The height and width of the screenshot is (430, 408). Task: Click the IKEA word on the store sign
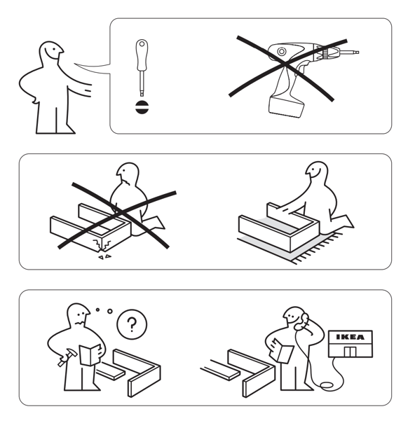click(x=350, y=337)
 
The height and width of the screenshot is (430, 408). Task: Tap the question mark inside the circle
click(x=132, y=325)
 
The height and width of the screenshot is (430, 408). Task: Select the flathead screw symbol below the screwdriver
click(x=142, y=107)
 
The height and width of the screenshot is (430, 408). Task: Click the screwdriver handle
click(x=142, y=55)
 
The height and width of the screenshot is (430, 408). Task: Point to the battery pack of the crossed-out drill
click(x=286, y=106)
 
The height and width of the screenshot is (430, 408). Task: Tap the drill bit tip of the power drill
click(x=357, y=52)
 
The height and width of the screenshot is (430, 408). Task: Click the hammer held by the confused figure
click(x=66, y=356)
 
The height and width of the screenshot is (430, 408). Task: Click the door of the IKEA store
click(x=350, y=352)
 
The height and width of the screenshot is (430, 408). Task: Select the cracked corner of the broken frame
click(x=102, y=244)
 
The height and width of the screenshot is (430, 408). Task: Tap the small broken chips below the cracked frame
click(x=105, y=257)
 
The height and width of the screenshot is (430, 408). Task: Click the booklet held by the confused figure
click(x=90, y=355)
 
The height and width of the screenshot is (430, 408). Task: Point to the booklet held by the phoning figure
click(x=281, y=350)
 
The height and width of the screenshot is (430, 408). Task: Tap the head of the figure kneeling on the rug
click(x=317, y=171)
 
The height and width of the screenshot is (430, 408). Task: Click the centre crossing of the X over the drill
click(x=285, y=64)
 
